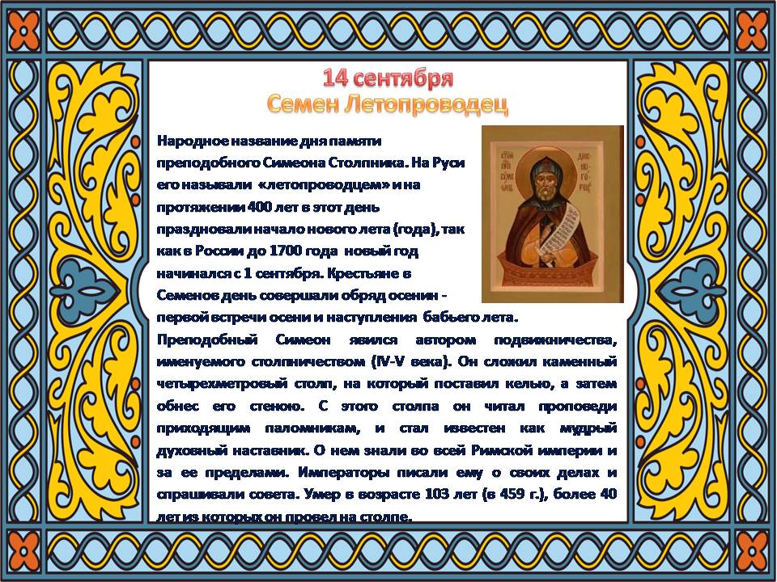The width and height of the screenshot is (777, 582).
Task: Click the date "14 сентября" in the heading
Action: point(388,78)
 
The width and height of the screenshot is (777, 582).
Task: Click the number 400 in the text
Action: point(260,207)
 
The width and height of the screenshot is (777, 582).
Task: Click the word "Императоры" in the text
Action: point(344,472)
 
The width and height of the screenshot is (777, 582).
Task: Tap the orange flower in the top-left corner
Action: point(23,30)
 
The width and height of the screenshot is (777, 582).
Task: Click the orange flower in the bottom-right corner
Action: point(751,550)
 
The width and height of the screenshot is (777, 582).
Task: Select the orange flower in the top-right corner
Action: point(751,30)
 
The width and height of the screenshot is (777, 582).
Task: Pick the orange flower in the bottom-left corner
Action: point(23,550)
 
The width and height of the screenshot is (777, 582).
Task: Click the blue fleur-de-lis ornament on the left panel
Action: point(89,290)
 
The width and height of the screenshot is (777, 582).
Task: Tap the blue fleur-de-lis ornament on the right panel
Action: point(689,290)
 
